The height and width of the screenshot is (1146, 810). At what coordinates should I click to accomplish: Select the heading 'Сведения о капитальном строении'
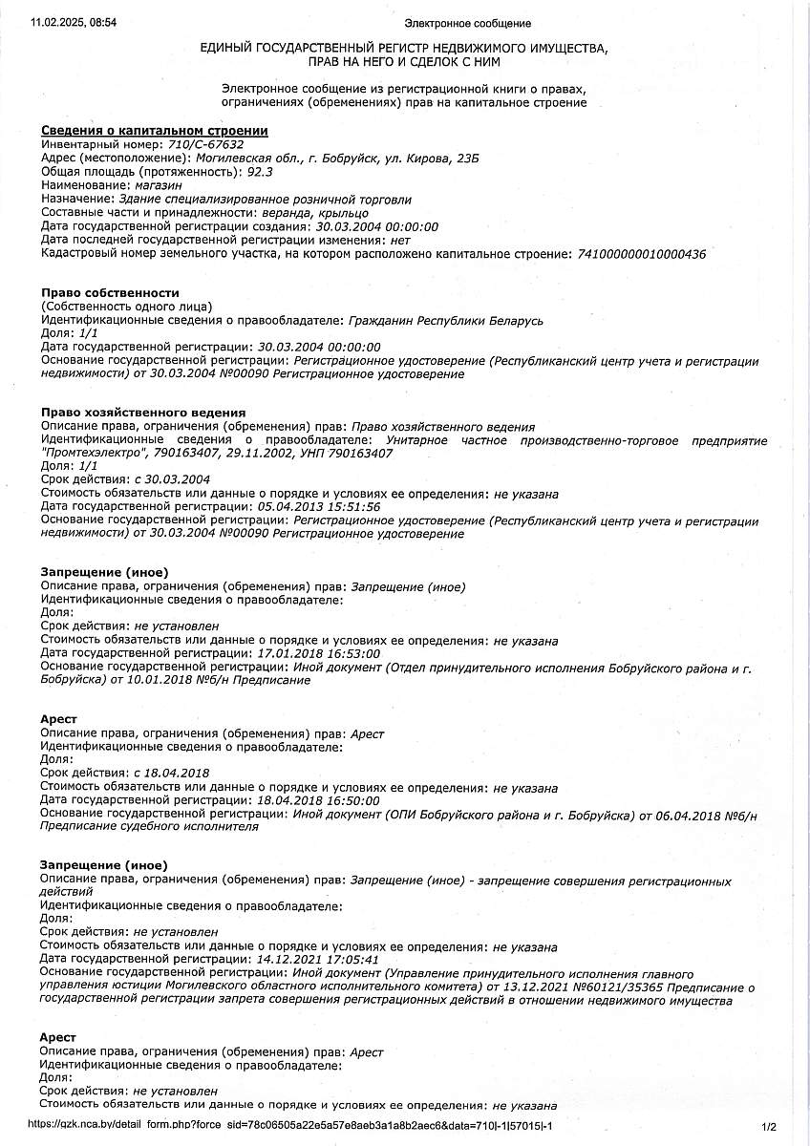(x=154, y=131)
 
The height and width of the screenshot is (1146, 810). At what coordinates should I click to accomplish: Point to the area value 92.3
(x=260, y=172)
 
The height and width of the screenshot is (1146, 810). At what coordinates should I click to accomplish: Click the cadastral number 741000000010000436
(x=640, y=254)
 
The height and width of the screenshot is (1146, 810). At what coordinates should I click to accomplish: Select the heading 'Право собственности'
(x=110, y=292)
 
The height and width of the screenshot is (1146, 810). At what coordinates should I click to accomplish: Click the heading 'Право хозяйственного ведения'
(x=137, y=413)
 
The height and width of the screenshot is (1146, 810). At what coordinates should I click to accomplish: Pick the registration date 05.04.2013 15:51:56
(x=319, y=507)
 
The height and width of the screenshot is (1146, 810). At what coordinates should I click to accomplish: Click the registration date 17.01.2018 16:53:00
(x=319, y=653)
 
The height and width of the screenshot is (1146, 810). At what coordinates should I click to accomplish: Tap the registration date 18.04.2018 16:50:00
(x=319, y=800)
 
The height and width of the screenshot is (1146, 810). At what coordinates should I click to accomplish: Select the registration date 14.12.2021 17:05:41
(x=319, y=960)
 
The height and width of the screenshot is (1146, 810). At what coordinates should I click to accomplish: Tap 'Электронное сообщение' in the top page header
(x=467, y=23)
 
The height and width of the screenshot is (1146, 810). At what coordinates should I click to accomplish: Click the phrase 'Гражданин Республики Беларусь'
(x=446, y=320)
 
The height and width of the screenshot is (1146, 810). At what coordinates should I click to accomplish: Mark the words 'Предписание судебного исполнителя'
(x=150, y=827)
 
